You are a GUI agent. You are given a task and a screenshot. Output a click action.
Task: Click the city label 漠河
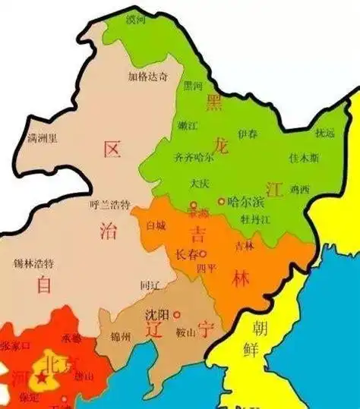(x=136, y=17)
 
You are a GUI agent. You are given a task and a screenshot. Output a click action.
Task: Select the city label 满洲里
(x=42, y=138)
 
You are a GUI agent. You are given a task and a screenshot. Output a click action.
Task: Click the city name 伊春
(x=247, y=134)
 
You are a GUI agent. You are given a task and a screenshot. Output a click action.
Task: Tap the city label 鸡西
(x=300, y=189)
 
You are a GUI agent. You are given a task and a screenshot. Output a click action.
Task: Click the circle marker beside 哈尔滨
(x=222, y=203)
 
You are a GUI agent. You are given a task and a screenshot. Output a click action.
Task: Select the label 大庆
(x=199, y=184)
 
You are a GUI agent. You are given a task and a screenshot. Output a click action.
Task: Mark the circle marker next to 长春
(x=204, y=253)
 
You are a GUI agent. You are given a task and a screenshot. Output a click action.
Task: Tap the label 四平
(x=207, y=269)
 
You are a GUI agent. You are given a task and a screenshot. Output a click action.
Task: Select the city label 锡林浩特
(x=33, y=263)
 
